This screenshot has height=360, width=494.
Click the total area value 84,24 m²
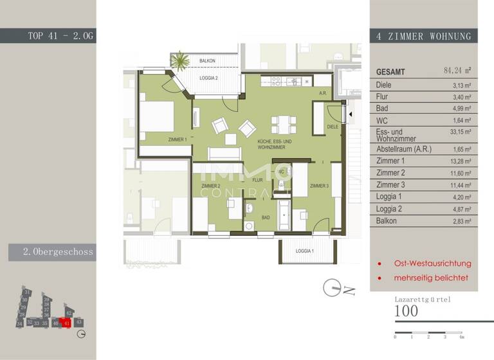point(457,71)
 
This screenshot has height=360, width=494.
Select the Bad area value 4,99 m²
point(463,109)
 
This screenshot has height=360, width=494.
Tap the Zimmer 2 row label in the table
point(390,173)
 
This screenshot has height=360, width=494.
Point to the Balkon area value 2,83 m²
point(463,221)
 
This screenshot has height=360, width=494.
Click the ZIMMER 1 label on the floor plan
point(178,139)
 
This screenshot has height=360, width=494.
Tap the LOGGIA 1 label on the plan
point(305,251)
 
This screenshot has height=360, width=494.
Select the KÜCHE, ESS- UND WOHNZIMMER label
point(275,145)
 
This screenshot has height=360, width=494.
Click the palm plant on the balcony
point(179,62)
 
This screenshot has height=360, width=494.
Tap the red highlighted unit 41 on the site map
point(66,323)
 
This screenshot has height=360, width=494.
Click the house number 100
point(407,312)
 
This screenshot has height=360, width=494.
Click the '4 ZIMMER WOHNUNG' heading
point(423,37)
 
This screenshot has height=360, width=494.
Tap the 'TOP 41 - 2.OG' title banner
point(60,36)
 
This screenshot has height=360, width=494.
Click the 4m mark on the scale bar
point(461,337)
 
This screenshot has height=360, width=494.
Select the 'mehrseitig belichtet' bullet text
point(432,278)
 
